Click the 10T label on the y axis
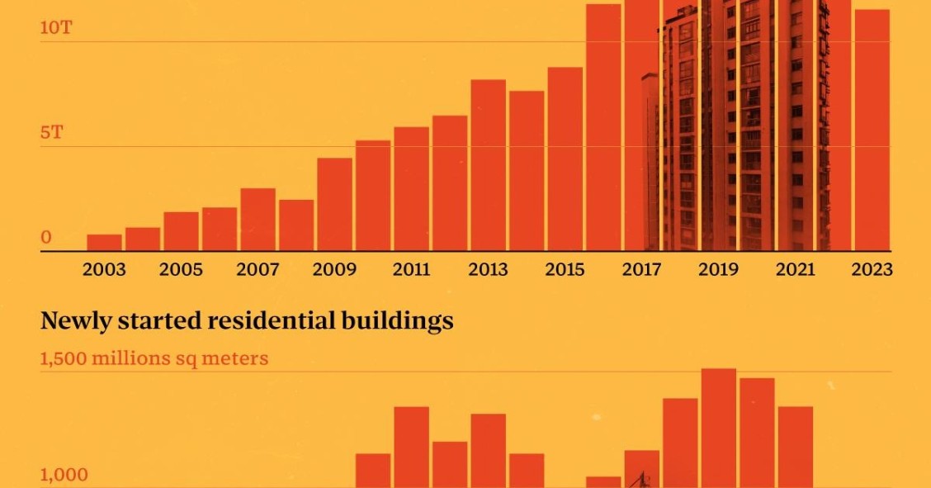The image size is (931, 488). (56, 28)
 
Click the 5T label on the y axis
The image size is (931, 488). (52, 132)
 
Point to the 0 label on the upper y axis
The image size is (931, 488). (46, 238)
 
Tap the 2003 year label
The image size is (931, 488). (105, 270)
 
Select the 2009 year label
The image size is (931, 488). (335, 270)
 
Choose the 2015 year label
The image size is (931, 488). (565, 270)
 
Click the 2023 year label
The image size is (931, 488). (872, 270)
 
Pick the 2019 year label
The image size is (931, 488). (719, 270)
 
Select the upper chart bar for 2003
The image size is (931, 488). (105, 243)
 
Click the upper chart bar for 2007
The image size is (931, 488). (258, 220)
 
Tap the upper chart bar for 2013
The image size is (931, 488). (489, 165)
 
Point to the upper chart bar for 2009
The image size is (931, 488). (335, 205)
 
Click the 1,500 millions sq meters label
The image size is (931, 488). (154, 359)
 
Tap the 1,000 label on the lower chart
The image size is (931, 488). (64, 476)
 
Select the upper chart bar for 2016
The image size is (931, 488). (603, 128)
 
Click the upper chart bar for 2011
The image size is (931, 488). (412, 189)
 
